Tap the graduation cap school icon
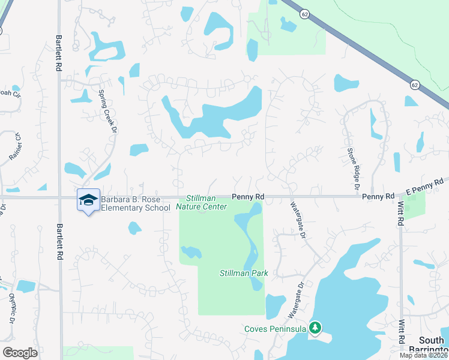(88, 200)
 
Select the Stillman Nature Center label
(202, 203)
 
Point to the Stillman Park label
(243, 273)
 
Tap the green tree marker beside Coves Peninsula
(315, 328)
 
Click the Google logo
(20, 353)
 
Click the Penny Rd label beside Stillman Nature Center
(249, 197)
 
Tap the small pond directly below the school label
(134, 228)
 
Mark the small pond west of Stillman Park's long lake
(191, 253)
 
